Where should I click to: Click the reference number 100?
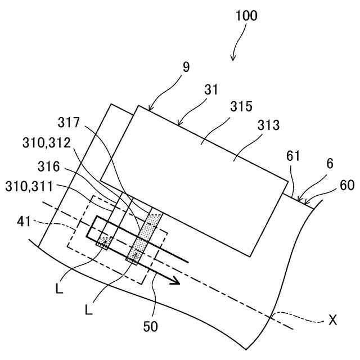pyautogui.click(x=246, y=15)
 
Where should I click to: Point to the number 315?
pyautogui.click(x=241, y=107)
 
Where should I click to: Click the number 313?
pyautogui.click(x=268, y=125)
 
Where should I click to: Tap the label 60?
pyautogui.click(x=348, y=186)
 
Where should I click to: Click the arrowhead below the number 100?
pyautogui.click(x=233, y=58)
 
